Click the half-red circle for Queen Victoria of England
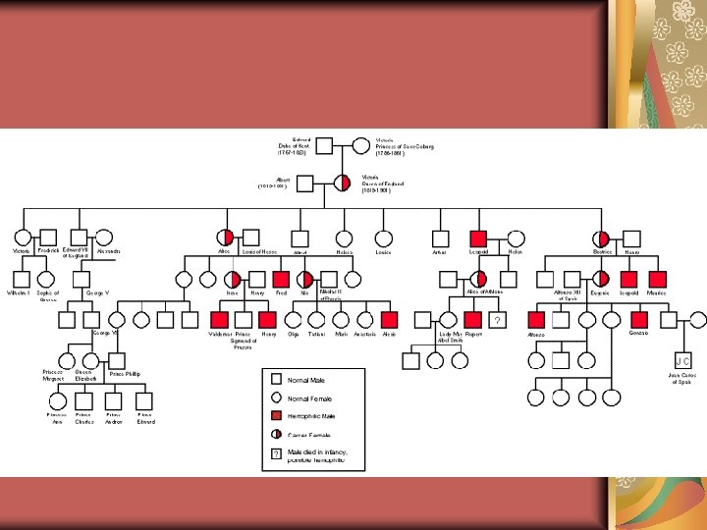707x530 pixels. pos(343,183)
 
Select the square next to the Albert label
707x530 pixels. pos(304,183)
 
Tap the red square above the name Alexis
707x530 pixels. pos(390,319)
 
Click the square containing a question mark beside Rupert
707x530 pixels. pos(498,320)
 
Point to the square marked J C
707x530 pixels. pos(683,360)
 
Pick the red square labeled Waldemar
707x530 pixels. pos(220,319)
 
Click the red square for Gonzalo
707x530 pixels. pos(639,319)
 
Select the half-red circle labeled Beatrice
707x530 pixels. pos(601,238)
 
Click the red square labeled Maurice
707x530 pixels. pos(657,279)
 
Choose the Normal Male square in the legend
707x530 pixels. pos(276,380)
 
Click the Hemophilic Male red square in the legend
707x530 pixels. pos(276,416)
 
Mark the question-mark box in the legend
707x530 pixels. pos(276,454)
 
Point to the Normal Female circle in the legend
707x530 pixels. pos(276,398)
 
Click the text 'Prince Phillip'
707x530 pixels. pos(125,374)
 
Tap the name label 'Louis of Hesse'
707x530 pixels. pos(259,251)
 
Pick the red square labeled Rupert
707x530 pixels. pos(473,319)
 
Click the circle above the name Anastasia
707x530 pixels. pos(365,319)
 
